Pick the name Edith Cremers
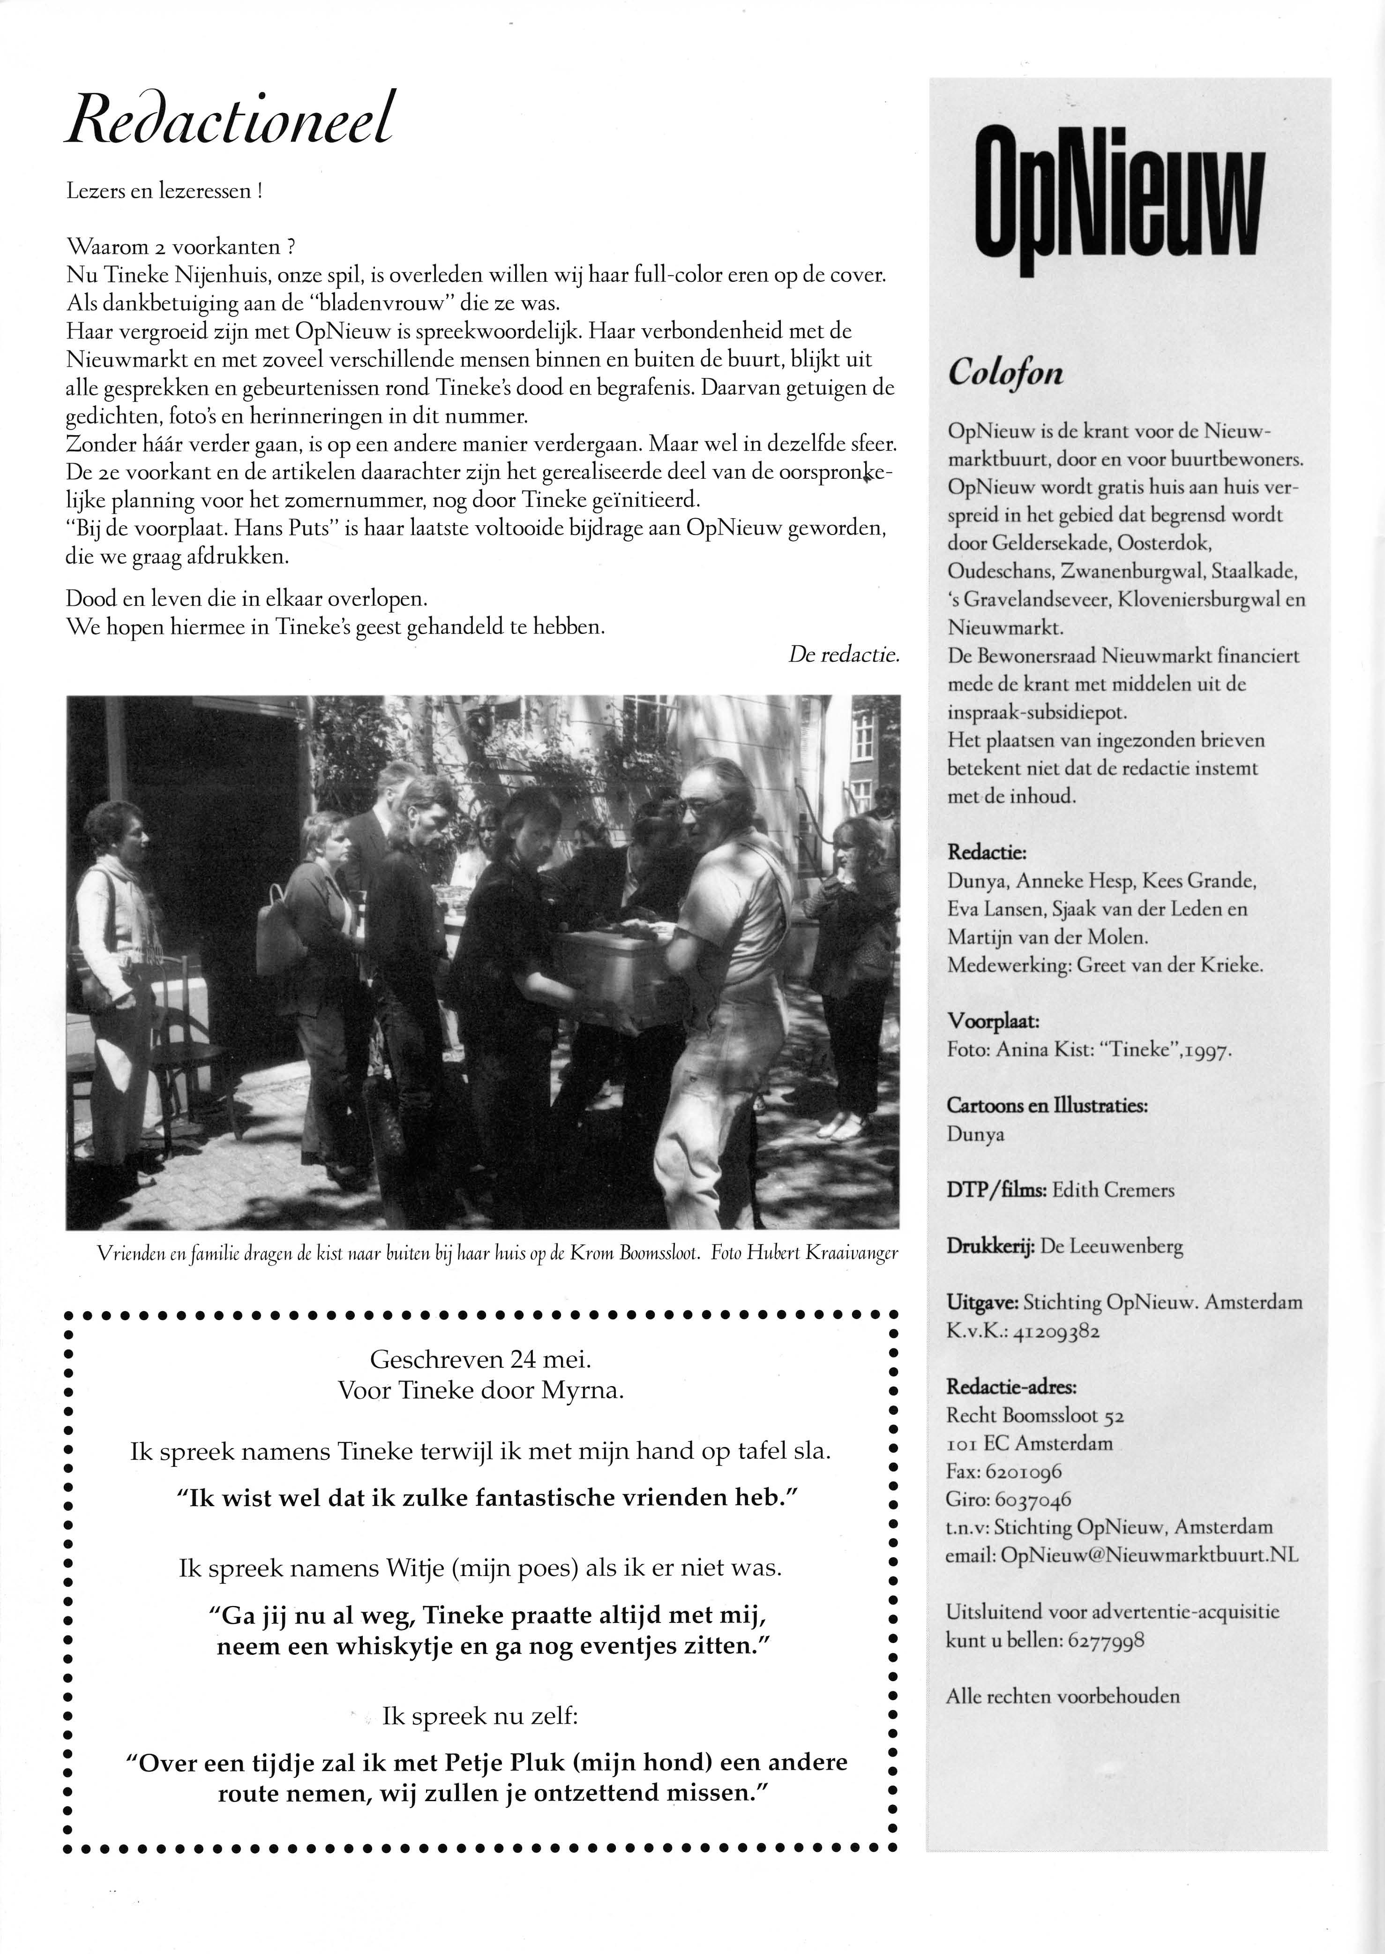[x=1113, y=1190]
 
